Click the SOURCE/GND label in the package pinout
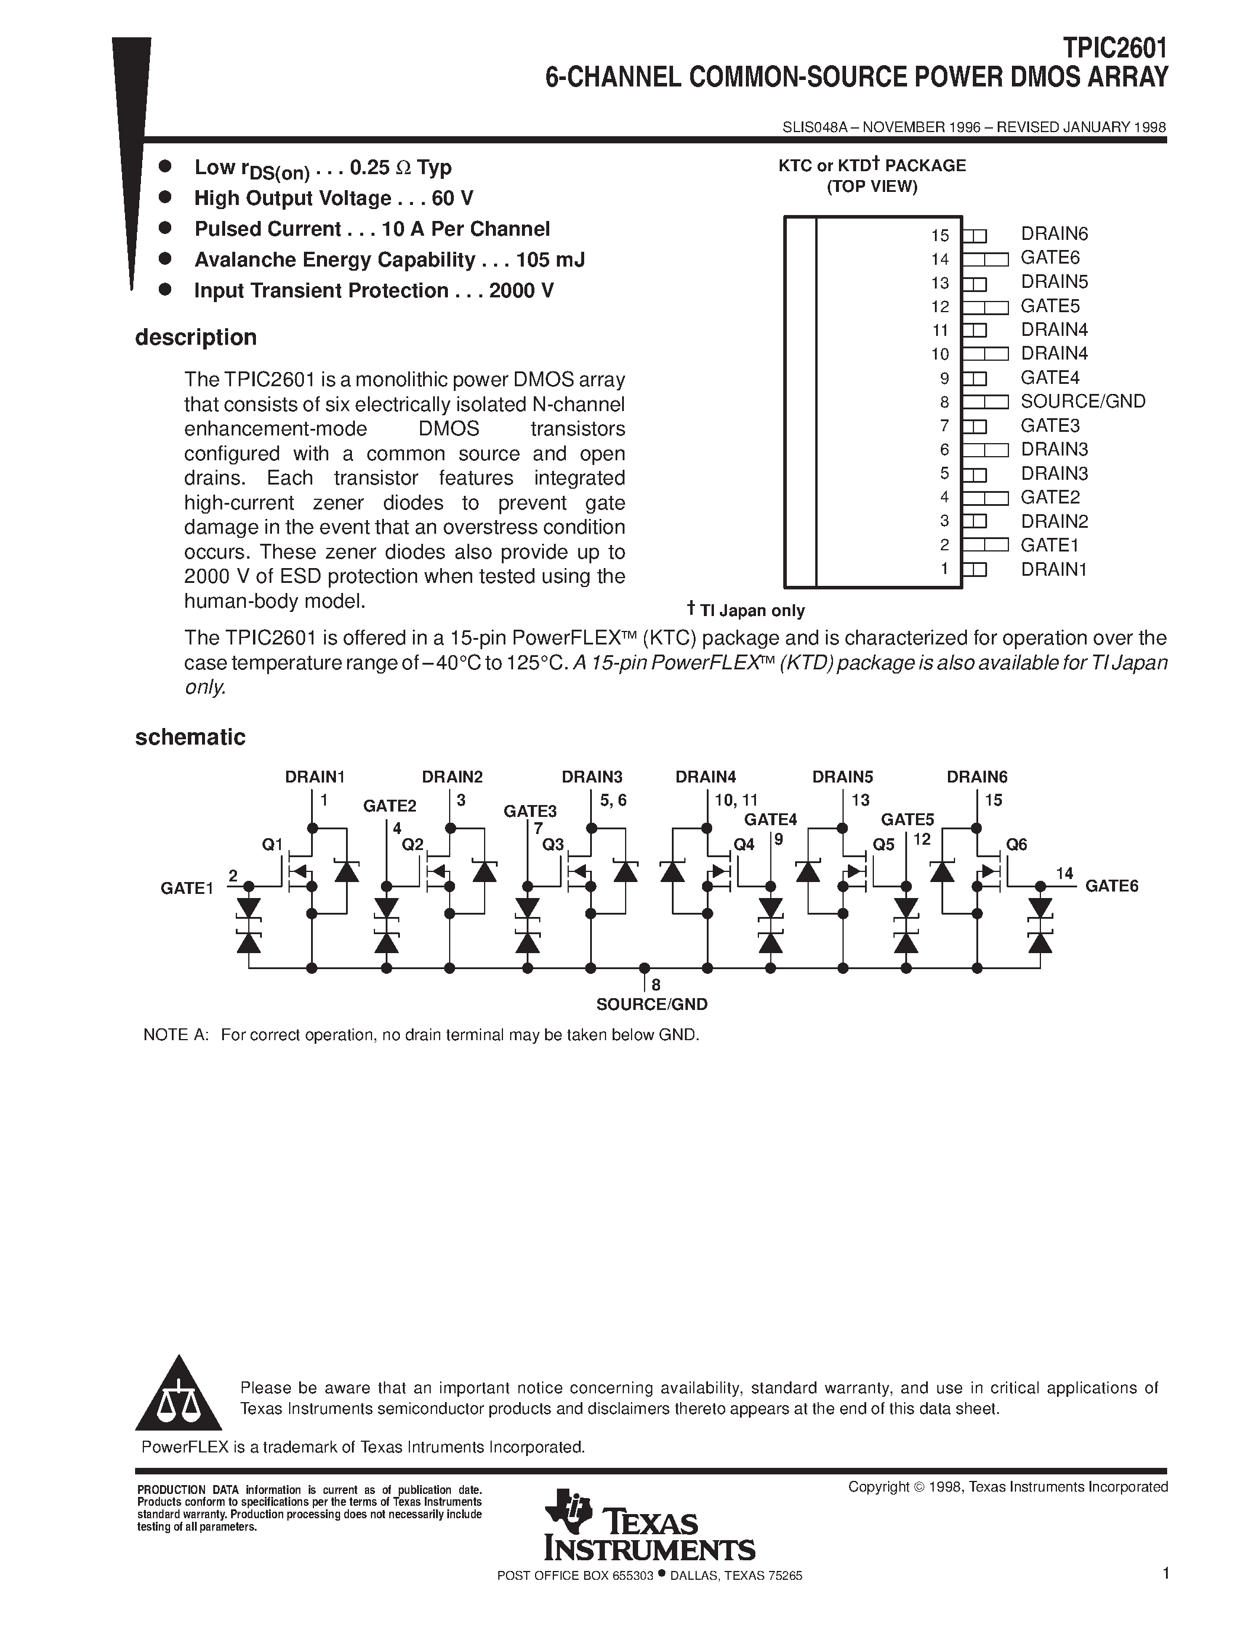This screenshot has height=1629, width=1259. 1082,401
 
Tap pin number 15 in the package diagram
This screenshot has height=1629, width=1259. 940,236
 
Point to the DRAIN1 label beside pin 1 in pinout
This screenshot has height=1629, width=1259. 1053,569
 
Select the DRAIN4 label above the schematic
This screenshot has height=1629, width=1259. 706,777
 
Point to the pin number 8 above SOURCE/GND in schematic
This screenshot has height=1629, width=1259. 656,985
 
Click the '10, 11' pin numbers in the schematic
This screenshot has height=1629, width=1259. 735,800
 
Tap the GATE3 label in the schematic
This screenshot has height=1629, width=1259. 530,812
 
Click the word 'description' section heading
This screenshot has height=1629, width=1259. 196,337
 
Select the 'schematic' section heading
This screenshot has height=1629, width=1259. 190,737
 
